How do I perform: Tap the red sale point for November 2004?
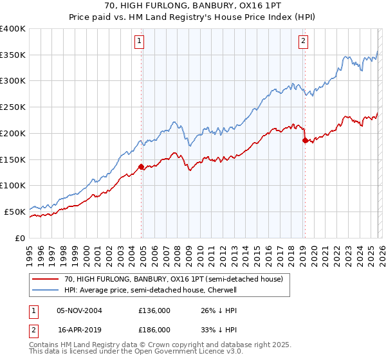click(141, 166)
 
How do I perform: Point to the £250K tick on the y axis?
click(14, 107)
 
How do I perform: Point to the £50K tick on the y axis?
click(16, 211)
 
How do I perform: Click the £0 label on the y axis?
click(21, 237)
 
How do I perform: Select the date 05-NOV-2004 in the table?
click(79, 310)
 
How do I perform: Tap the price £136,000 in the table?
click(154, 310)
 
